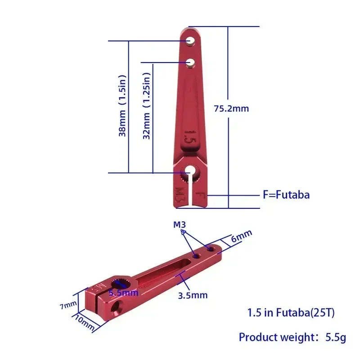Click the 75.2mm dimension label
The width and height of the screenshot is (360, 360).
coord(231,108)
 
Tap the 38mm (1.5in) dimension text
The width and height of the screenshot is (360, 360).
coord(122,106)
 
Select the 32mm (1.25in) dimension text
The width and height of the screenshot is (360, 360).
coord(147,106)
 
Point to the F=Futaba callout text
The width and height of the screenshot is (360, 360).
coord(286,195)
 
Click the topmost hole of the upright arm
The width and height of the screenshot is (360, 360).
coord(191,40)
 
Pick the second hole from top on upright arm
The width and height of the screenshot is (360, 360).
coord(191,61)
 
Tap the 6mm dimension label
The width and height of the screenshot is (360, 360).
coord(242,236)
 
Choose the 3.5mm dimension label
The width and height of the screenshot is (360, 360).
coord(192,295)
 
